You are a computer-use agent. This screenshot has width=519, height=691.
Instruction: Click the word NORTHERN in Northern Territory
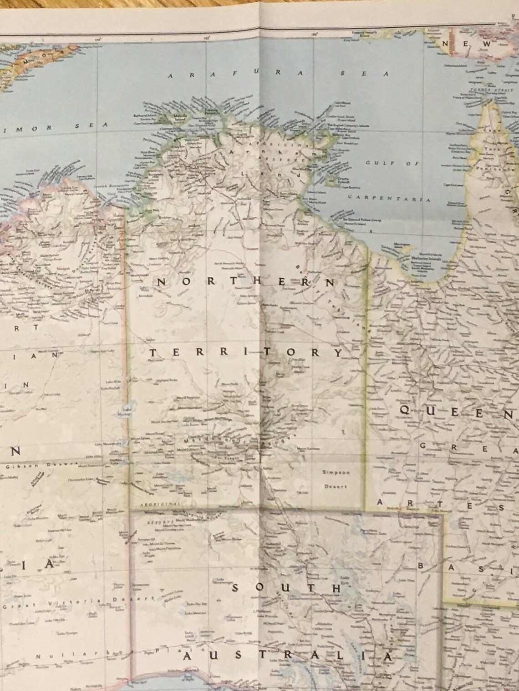pyautogui.click(x=246, y=282)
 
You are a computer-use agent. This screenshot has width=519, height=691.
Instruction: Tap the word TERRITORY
pyautogui.click(x=245, y=352)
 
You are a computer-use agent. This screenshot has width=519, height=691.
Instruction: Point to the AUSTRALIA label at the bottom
pyautogui.click(x=287, y=657)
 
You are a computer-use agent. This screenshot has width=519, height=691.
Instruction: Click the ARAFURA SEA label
pyautogui.click(x=278, y=75)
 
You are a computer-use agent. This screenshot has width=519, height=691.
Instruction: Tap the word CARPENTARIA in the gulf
pyautogui.click(x=389, y=199)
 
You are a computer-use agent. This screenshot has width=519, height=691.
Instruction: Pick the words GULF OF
pyautogui.click(x=391, y=163)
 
